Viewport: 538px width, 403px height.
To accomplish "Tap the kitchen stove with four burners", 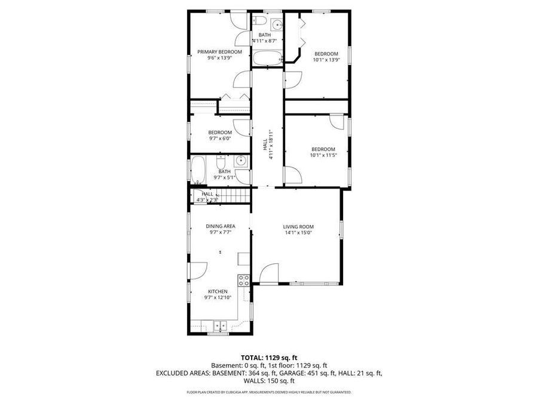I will (x=243, y=279).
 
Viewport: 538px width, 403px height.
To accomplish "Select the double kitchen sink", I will (x=219, y=327).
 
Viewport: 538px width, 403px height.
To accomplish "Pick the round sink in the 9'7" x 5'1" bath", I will (x=240, y=160).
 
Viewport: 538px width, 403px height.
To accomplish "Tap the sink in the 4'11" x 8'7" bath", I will (x=276, y=24).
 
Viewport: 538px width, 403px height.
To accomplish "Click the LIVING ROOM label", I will (x=298, y=226).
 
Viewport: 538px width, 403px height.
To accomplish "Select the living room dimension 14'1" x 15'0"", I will (x=298, y=233).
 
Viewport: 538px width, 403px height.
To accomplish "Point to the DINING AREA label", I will (x=220, y=226).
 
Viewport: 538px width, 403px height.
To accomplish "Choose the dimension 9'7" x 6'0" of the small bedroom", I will (x=219, y=139).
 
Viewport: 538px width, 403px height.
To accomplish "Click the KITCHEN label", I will (x=217, y=291).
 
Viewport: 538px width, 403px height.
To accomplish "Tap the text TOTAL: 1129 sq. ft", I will (x=268, y=357).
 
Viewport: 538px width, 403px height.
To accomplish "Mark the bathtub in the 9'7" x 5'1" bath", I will (x=198, y=170).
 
